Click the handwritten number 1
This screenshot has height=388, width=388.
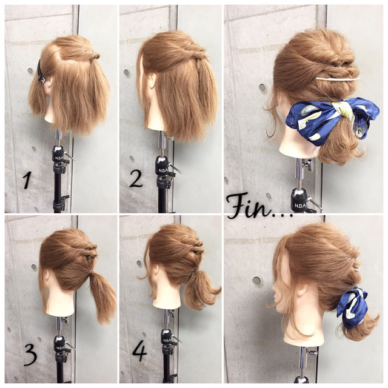pos(27,180)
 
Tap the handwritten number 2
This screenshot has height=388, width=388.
pos(136,179)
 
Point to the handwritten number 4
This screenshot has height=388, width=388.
pos(140,351)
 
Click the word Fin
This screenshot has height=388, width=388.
pos(249,206)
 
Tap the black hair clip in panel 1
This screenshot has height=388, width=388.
pos(41,71)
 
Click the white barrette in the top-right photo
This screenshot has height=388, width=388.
pos(338,79)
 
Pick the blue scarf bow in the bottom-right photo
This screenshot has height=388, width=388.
pos(352,307)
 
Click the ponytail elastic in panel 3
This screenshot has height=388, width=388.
pos(92,272)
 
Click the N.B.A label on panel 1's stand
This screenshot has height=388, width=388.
pos(59,158)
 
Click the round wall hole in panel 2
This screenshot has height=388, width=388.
pos(127,73)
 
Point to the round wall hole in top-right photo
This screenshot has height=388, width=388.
pos(263,87)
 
